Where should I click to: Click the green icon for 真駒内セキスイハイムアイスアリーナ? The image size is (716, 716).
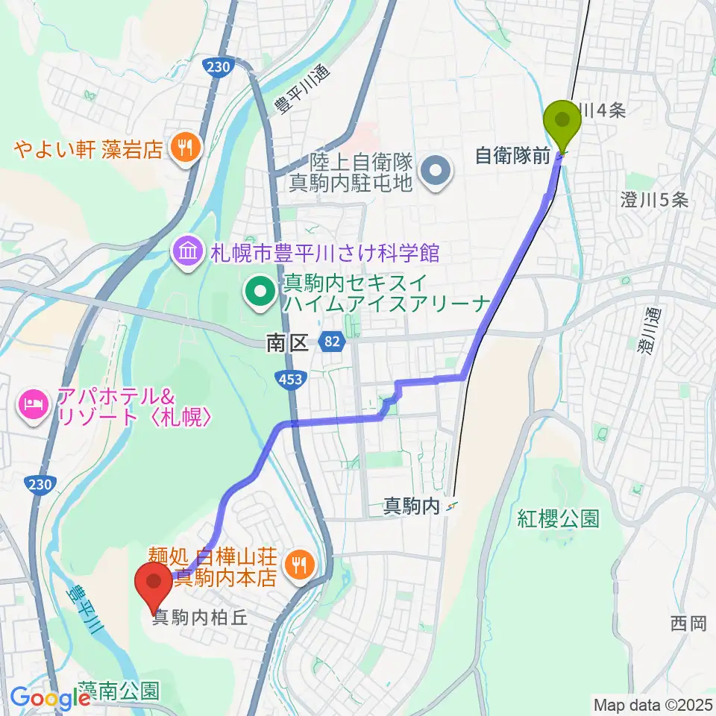coord(261,293)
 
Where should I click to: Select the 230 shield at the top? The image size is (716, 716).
coord(215,67)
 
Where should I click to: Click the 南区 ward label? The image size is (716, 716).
coord(287,343)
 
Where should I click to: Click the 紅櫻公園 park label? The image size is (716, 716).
coord(559,518)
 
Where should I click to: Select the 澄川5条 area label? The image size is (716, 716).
coord(653,199)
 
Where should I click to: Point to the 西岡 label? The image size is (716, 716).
coord(688,623)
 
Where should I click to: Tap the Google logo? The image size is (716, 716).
coord(49,699)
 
